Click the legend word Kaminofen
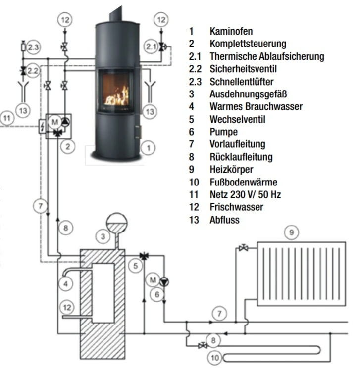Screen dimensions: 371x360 [x=228, y=31]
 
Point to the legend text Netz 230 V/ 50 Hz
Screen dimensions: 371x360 [x=245, y=195]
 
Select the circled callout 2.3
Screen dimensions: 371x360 [x=33, y=47]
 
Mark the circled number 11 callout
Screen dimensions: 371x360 [x=6, y=118]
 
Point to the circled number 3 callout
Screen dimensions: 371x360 [x=103, y=236]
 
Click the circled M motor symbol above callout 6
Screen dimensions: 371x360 [x=153, y=280]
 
